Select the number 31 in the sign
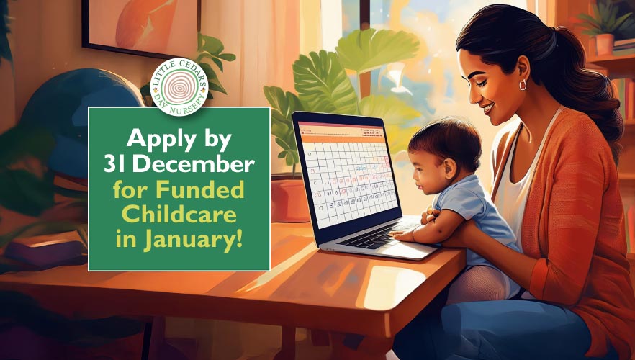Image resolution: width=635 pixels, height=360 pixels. [115, 165]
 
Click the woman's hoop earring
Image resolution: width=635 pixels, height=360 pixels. [522, 85]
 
